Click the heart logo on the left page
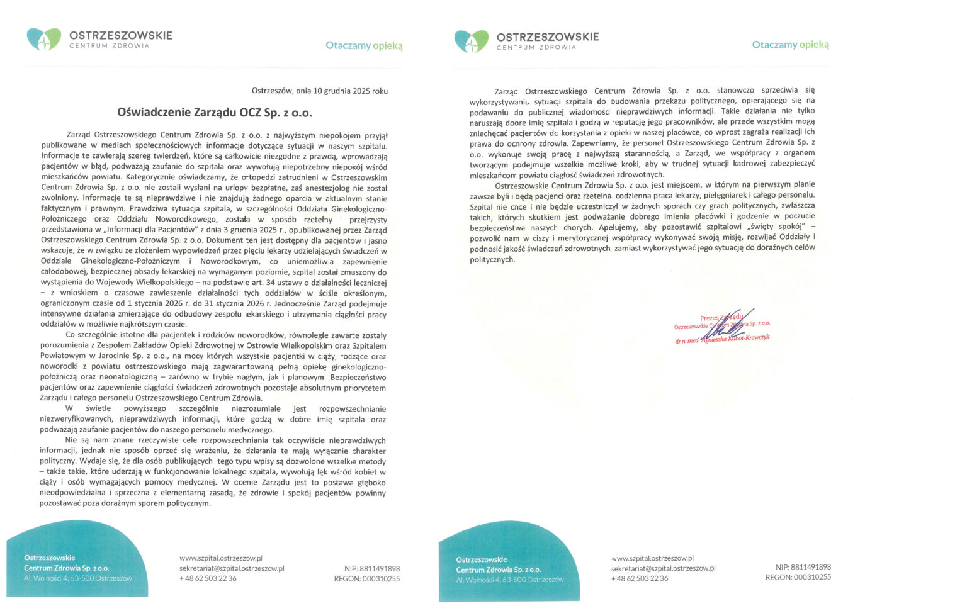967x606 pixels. (43, 39)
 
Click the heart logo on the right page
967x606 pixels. (471, 41)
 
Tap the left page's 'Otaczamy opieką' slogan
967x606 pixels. (364, 45)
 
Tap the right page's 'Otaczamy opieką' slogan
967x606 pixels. (790, 45)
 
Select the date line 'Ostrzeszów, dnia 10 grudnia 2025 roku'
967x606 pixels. (319, 91)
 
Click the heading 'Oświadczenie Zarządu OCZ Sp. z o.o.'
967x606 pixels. (214, 113)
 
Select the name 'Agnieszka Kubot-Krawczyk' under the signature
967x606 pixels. (733, 339)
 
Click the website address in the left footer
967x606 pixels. (220, 558)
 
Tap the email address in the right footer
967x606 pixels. (663, 568)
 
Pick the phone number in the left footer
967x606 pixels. (208, 578)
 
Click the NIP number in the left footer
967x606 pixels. (371, 568)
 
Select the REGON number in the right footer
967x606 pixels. (798, 577)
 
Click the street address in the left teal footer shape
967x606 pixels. (78, 578)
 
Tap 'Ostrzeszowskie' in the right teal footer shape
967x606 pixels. (481, 559)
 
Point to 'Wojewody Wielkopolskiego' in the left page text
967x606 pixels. (149, 283)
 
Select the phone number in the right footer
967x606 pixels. (640, 578)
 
